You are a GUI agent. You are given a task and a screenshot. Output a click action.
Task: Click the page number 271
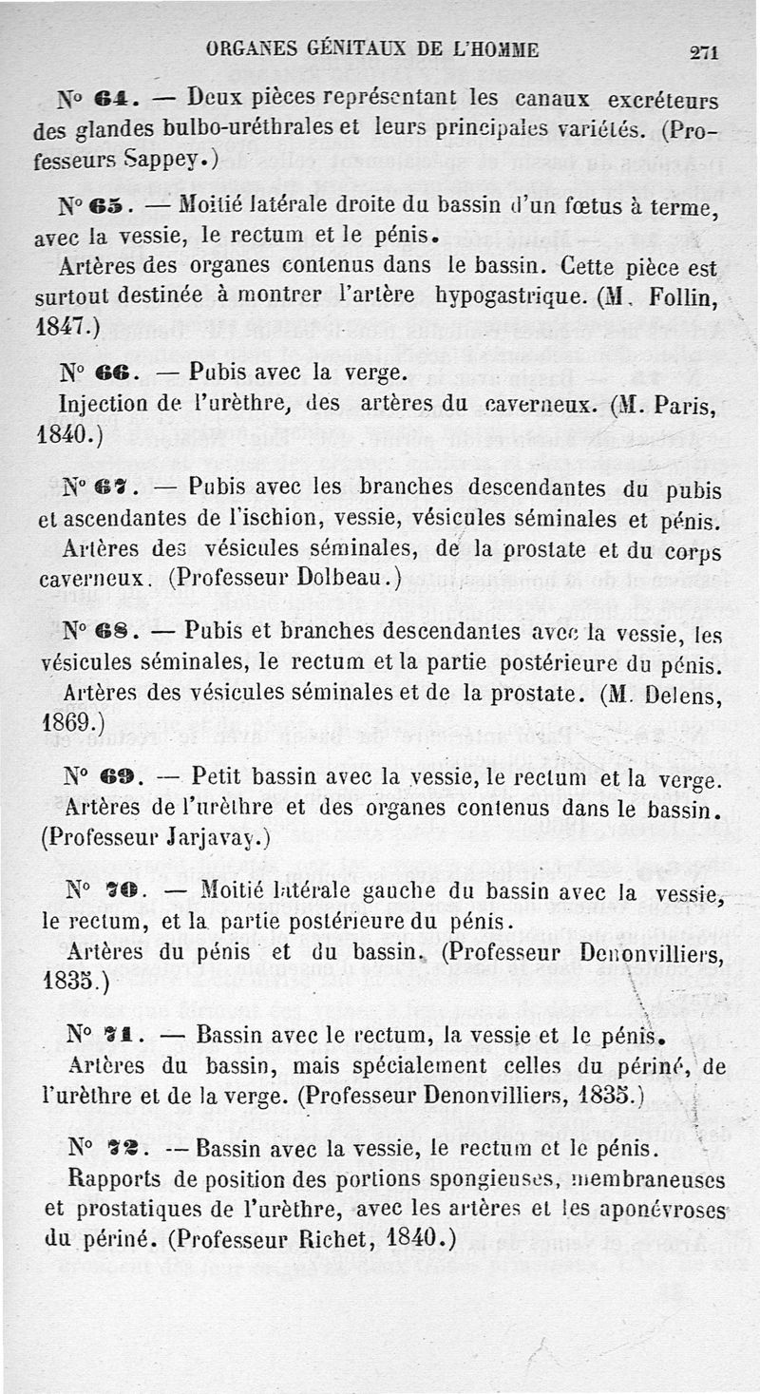click(x=704, y=53)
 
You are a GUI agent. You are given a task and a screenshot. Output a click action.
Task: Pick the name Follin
click(x=682, y=296)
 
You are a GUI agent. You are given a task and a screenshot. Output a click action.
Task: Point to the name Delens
click(x=682, y=695)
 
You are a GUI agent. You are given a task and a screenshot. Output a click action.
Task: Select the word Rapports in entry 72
click(x=122, y=1179)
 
